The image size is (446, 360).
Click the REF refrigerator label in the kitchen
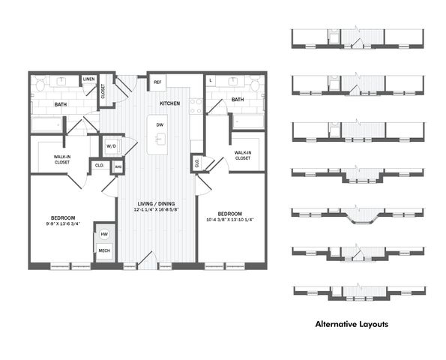point(157,82)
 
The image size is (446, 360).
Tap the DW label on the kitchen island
point(160,125)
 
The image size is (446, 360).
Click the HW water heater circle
point(104,234)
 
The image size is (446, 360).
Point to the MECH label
point(104,250)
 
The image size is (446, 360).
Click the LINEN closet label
point(88,79)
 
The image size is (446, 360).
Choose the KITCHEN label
point(170,103)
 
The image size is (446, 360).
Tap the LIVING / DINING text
point(156,204)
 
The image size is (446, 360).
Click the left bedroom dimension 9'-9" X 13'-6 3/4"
point(63,223)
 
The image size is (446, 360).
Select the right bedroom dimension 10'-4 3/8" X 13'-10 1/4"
point(230,220)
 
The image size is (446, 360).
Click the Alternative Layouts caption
point(352,324)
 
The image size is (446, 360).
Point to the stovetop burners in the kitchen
point(196,106)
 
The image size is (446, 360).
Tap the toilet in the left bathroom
point(40,84)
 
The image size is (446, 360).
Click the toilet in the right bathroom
point(255,83)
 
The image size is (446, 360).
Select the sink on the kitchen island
point(159,138)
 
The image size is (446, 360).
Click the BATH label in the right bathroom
point(238,100)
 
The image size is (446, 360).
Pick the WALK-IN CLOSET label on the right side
point(243,155)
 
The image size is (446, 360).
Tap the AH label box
point(118,167)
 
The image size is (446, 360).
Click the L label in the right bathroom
point(211,80)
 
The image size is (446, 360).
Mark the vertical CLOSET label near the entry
point(103,91)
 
